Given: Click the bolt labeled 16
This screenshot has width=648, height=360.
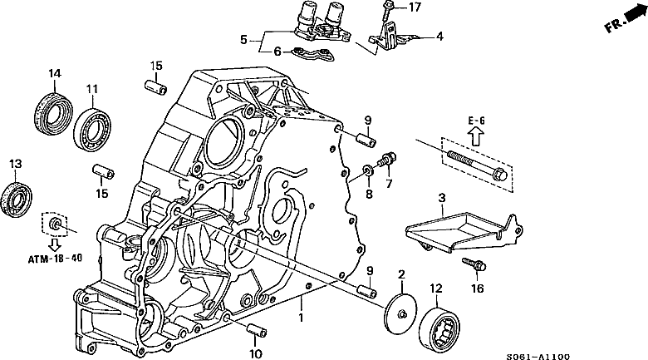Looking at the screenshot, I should [479, 268].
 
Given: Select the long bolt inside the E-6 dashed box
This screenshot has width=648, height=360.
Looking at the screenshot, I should [476, 164].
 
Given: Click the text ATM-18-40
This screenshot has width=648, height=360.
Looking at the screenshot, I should [52, 259].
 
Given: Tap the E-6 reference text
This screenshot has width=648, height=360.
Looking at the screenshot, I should [476, 121].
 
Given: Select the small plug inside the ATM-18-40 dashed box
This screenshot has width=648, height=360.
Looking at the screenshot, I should [54, 224].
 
